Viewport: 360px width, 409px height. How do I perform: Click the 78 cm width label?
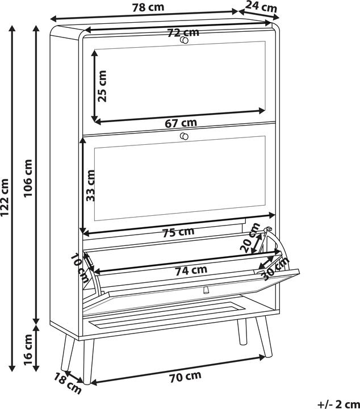[148, 7]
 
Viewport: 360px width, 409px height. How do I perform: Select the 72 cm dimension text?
[183, 32]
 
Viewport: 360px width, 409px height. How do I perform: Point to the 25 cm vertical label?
[102, 86]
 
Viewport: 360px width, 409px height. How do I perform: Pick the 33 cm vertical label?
[90, 185]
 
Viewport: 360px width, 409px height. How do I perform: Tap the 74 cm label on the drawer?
[191, 270]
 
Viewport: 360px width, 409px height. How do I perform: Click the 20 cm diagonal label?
[250, 237]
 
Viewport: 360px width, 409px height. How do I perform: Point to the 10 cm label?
[80, 268]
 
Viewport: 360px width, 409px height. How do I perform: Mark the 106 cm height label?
[28, 178]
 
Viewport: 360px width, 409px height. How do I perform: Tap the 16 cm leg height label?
[28, 350]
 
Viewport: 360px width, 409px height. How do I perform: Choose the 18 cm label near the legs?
[68, 383]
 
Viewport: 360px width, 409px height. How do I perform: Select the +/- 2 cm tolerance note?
[338, 404]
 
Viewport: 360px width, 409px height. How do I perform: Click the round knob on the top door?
[184, 40]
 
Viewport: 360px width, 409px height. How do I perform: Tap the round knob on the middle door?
[184, 136]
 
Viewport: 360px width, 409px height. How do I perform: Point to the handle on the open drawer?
[205, 290]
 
